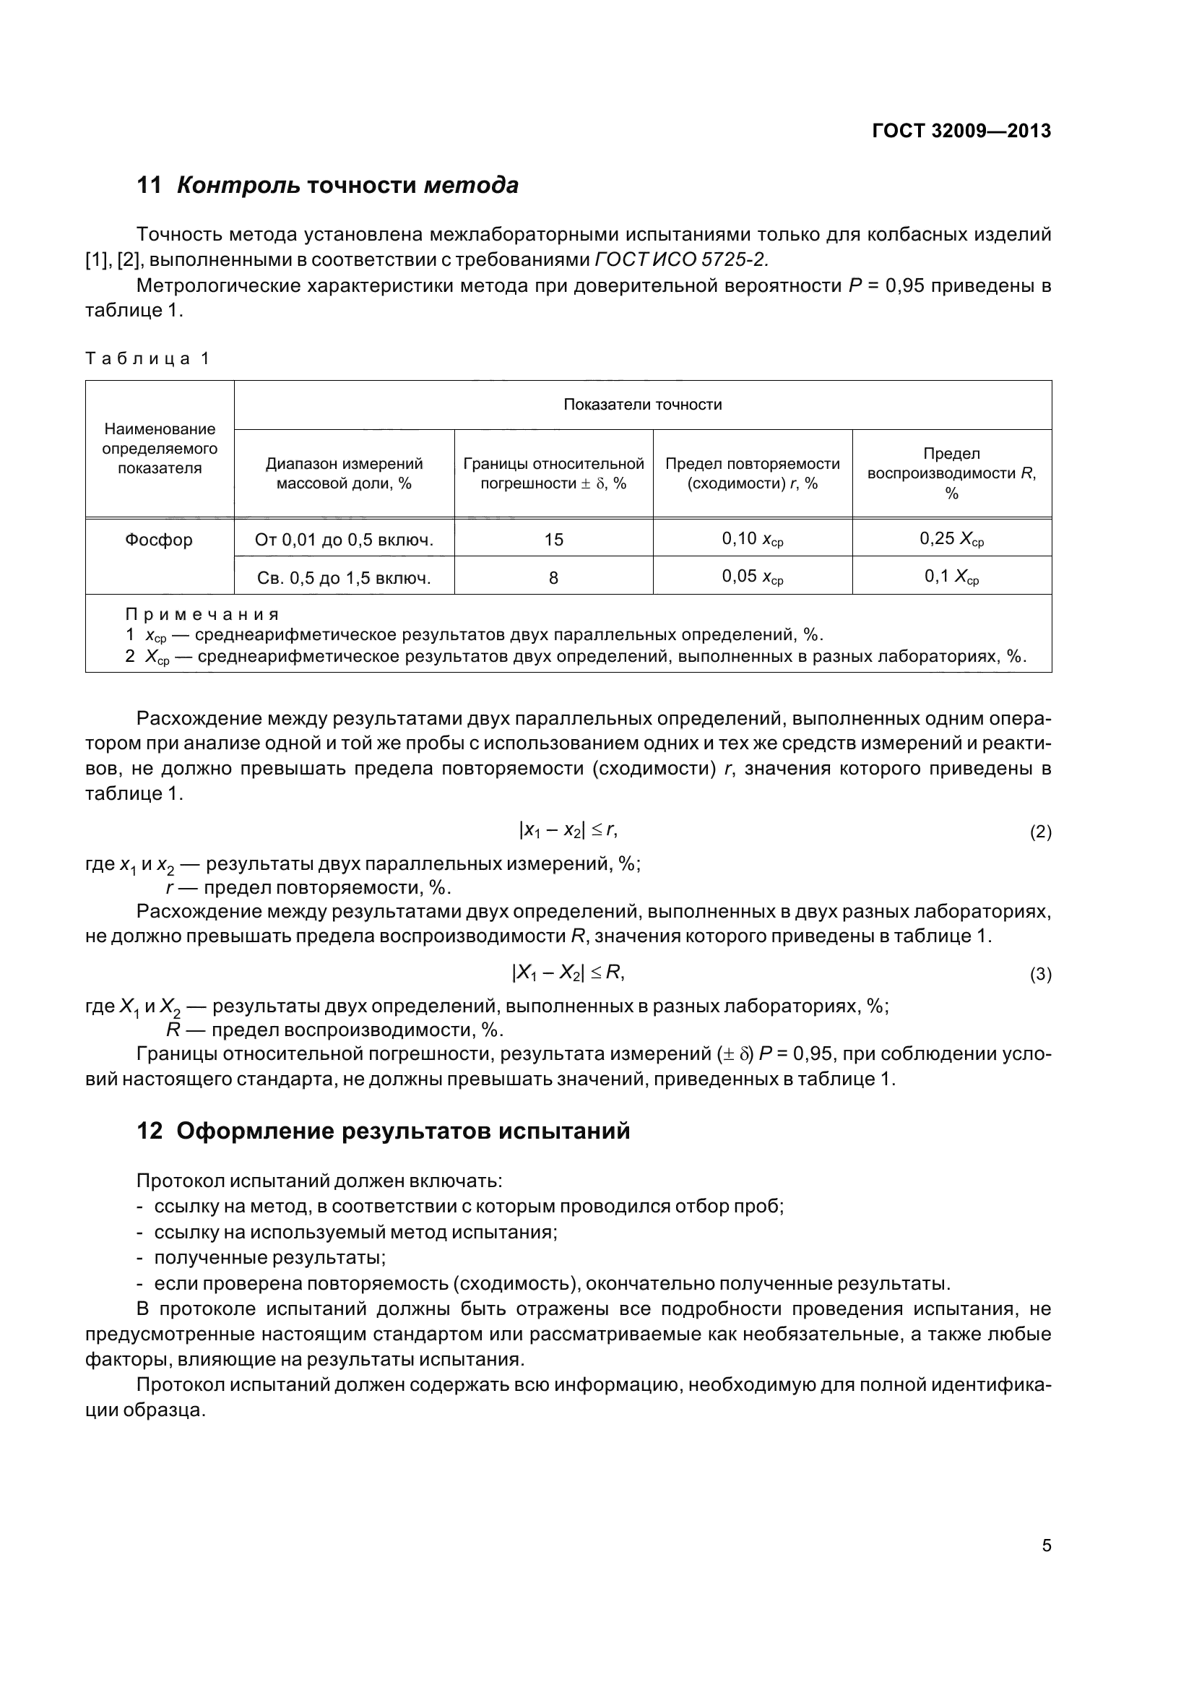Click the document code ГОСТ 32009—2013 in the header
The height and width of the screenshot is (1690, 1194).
click(x=961, y=131)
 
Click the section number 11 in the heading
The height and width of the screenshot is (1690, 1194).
click(x=150, y=186)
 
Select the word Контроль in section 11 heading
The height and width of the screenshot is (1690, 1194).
click(x=238, y=186)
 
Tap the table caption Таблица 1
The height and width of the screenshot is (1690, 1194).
click(x=148, y=358)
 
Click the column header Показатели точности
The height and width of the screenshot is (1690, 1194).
click(x=642, y=404)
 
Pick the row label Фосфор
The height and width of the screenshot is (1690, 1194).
click(x=159, y=540)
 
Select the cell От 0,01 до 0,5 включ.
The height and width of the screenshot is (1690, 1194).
click(x=344, y=540)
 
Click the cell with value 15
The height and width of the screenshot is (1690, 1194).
click(x=553, y=540)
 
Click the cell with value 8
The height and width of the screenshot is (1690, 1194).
click(x=553, y=578)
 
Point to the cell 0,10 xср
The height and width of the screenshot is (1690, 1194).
click(x=752, y=540)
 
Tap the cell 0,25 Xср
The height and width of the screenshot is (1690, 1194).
click(x=951, y=540)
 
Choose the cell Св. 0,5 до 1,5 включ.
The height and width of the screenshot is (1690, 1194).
click(x=344, y=578)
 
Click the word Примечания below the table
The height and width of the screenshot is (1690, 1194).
click(x=202, y=614)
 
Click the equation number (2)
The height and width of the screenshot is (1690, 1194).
click(x=1040, y=832)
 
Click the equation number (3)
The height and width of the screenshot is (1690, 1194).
click(x=1040, y=975)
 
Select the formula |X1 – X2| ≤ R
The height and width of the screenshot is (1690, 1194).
click(x=568, y=973)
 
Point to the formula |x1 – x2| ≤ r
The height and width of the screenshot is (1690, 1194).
click(x=568, y=831)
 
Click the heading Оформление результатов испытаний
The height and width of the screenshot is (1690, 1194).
click(x=403, y=1131)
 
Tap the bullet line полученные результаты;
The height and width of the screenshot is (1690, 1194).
click(x=270, y=1257)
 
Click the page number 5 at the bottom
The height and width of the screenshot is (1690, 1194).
click(x=1046, y=1545)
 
